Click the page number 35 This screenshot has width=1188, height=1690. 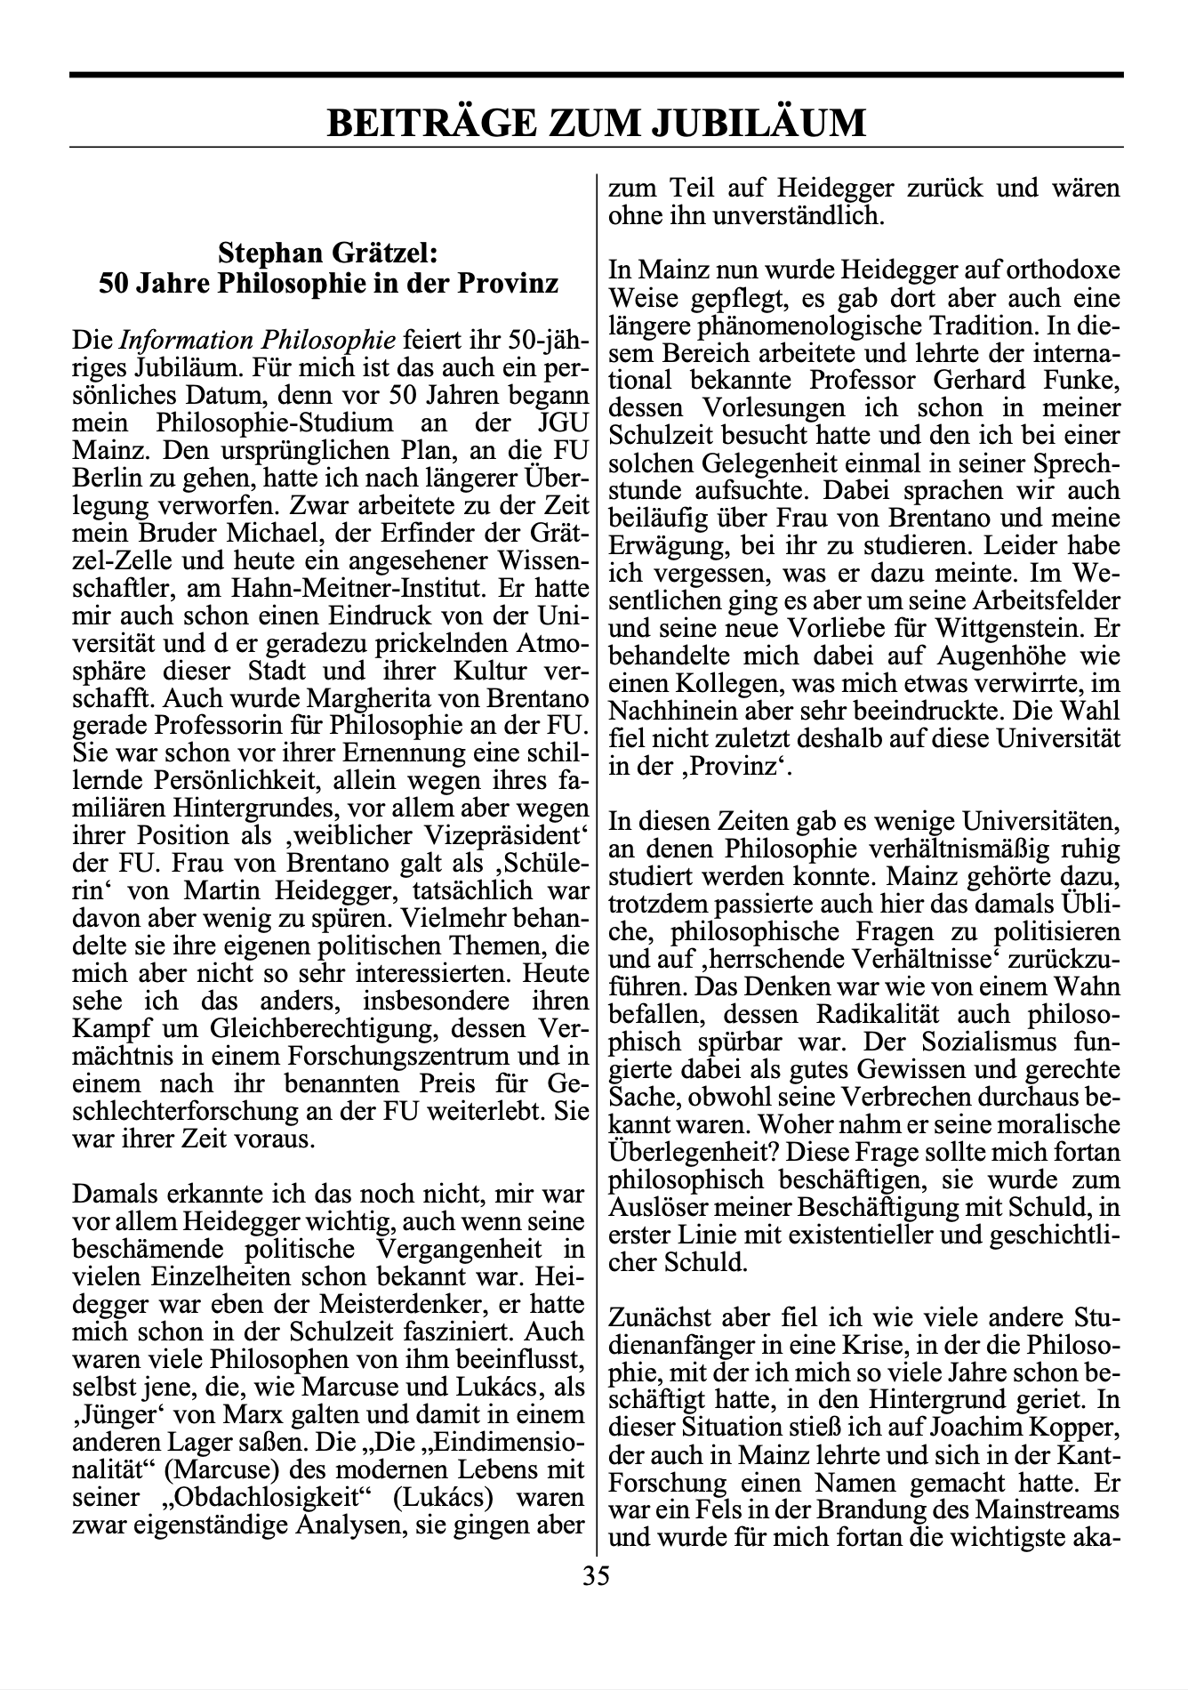pyautogui.click(x=596, y=1576)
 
